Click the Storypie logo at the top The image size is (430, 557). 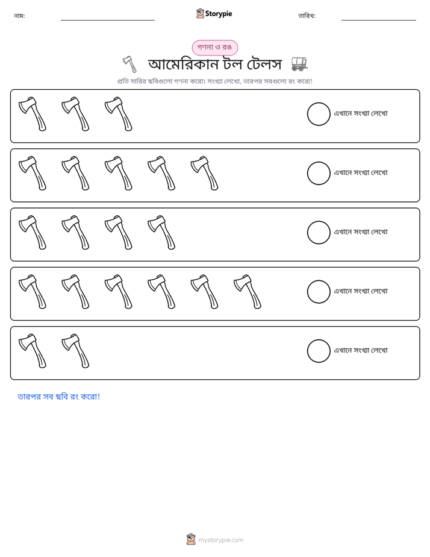click(x=214, y=13)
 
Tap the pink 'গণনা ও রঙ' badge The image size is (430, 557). click(x=214, y=48)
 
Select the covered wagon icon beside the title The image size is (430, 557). click(x=299, y=64)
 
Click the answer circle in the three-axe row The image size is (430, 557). click(x=319, y=114)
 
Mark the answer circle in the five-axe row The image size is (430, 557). click(x=319, y=174)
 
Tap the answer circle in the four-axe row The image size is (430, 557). click(x=319, y=233)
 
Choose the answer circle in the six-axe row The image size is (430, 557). click(x=319, y=292)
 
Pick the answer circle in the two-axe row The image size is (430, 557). click(x=319, y=351)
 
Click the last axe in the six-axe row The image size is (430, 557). click(x=248, y=291)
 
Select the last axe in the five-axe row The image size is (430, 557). click(x=204, y=173)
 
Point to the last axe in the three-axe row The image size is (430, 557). click(x=119, y=114)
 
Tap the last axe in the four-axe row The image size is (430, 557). click(x=161, y=232)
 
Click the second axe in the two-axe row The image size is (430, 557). click(x=75, y=351)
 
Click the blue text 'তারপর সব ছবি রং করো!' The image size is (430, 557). click(x=59, y=397)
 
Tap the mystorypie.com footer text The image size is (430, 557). click(x=220, y=540)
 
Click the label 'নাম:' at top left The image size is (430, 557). click(x=19, y=16)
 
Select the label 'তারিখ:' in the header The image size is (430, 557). click(x=307, y=16)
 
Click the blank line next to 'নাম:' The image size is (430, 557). click(x=107, y=20)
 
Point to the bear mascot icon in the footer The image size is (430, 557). click(x=191, y=540)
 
